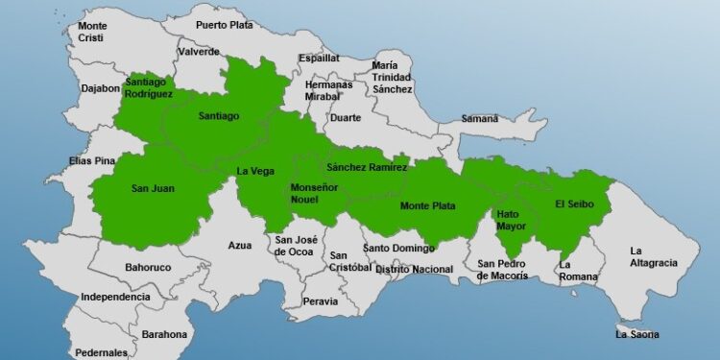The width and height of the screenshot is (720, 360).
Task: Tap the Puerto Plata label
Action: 225,25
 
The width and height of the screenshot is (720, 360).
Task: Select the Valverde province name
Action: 199,53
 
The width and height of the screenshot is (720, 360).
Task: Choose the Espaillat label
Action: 319,59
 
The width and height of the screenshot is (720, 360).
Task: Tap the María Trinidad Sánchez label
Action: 392,78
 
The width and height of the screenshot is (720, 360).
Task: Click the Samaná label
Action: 480,119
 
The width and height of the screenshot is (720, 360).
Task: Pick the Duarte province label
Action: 345,118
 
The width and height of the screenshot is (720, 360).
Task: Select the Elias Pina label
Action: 92,160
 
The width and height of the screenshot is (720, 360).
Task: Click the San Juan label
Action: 153,188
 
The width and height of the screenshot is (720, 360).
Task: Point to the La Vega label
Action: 255,172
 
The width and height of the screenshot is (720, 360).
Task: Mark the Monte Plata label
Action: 426,205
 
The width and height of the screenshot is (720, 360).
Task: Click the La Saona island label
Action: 637,335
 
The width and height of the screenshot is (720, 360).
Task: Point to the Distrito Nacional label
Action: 414,270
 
